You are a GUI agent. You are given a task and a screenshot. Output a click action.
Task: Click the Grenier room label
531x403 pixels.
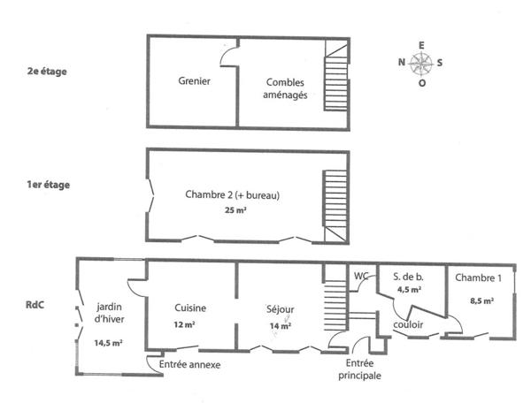(194, 81)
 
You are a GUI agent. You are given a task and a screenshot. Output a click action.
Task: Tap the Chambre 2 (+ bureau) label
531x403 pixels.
(233, 194)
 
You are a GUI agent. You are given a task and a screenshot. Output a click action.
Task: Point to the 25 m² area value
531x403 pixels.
(233, 211)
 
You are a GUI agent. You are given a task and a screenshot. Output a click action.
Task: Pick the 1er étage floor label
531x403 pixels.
(49, 186)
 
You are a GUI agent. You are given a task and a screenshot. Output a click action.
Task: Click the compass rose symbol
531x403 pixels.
(421, 63)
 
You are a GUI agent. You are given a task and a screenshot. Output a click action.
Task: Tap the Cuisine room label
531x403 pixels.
(190, 308)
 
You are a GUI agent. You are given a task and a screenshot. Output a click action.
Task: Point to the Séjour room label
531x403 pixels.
(280, 309)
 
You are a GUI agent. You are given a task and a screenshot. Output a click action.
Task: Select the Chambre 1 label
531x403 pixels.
(478, 278)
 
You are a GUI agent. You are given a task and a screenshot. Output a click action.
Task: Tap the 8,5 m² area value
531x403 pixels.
(479, 300)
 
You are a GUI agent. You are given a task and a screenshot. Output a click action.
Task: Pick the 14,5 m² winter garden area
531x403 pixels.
(108, 343)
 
